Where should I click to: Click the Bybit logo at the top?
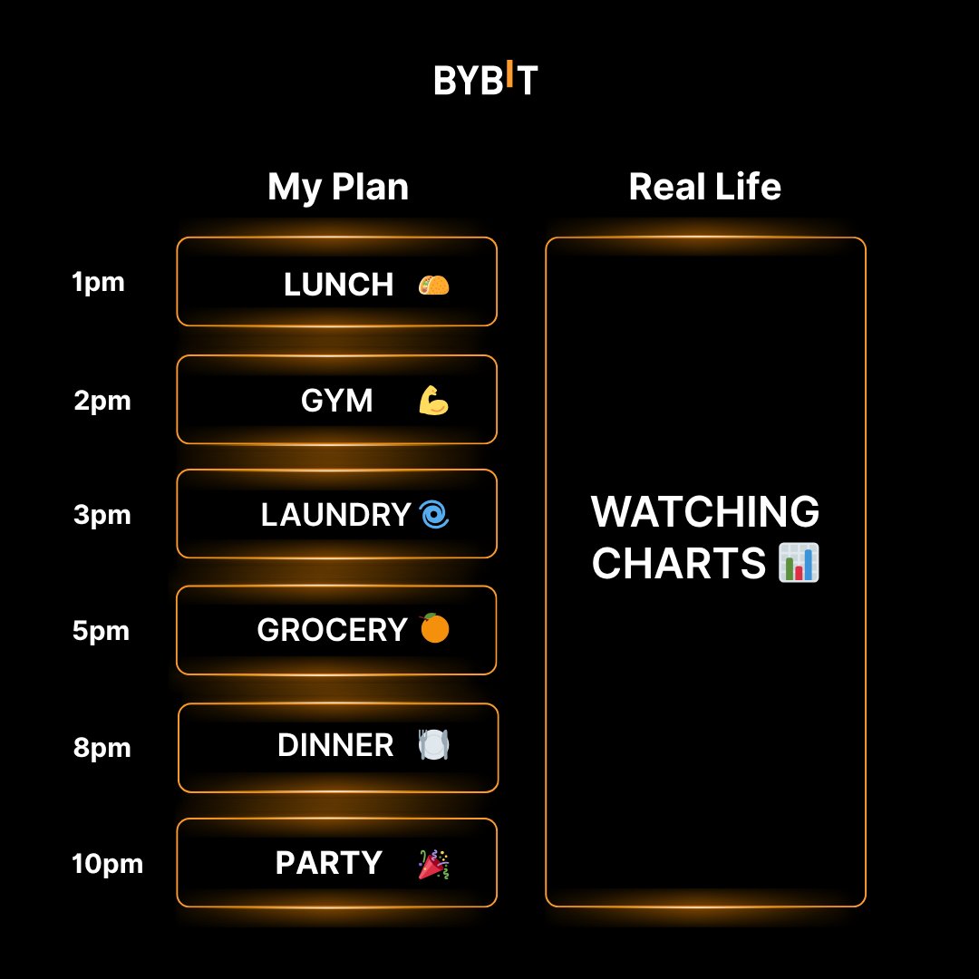486,79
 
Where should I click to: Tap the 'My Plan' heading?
338,188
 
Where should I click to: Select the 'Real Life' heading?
704,187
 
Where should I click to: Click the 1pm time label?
98,283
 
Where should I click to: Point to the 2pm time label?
102,401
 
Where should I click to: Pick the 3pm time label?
102,516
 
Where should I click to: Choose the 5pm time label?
102,631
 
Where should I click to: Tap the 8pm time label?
102,749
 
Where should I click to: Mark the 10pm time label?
107,865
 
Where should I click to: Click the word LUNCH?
338,286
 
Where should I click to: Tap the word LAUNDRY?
335,516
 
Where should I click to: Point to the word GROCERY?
332,630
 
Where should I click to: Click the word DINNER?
335,746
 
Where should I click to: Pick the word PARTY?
328,863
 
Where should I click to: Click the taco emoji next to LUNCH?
433,286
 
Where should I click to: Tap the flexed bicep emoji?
434,400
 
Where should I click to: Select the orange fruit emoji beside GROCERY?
435,628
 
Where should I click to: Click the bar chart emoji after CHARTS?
799,563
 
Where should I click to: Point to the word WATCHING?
705,513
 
